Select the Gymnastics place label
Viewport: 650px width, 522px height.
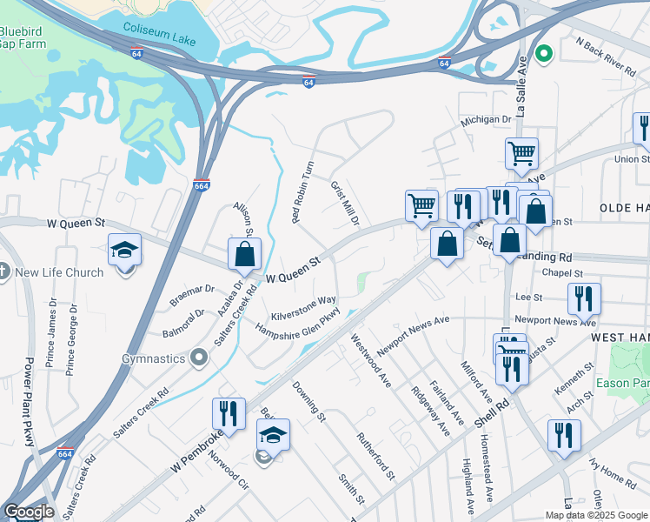(x=155, y=358)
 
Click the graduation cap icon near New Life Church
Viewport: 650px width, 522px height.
(x=125, y=250)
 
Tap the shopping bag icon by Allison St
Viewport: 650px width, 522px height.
(x=245, y=254)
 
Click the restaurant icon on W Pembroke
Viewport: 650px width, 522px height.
(x=229, y=413)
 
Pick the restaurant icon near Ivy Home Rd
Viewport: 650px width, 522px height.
(x=564, y=435)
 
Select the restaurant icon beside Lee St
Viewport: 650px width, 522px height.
(x=584, y=298)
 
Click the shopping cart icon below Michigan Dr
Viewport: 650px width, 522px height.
(x=521, y=154)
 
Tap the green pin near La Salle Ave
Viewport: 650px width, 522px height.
(x=545, y=54)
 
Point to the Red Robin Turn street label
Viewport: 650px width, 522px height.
(x=303, y=191)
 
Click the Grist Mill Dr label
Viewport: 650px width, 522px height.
(x=345, y=204)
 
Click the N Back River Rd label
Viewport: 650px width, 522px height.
(x=606, y=54)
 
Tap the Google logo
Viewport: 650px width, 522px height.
(x=29, y=512)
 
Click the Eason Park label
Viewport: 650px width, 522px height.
(x=632, y=382)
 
